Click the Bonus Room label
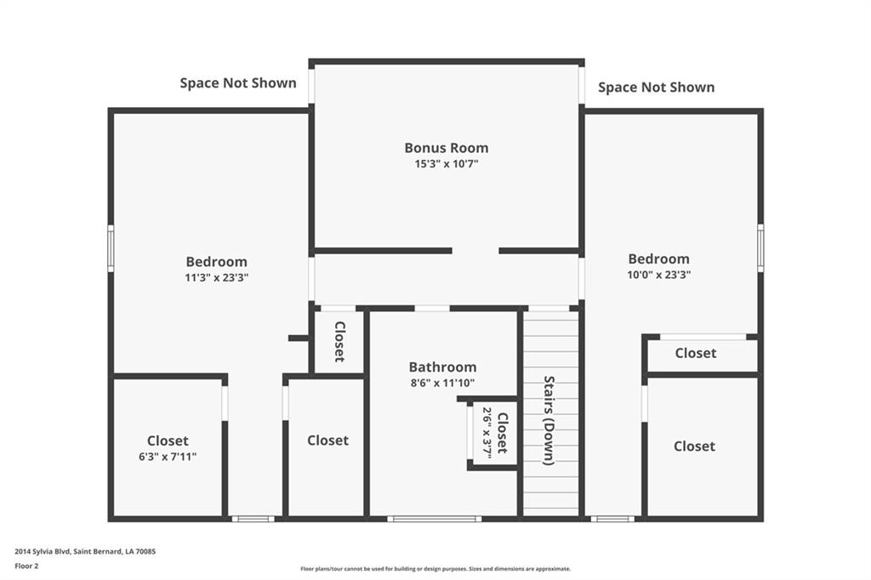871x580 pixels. click(x=447, y=148)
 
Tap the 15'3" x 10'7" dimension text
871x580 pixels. click(x=447, y=164)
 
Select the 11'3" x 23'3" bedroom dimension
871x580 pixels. click(x=217, y=278)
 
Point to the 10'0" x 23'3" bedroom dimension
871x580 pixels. click(x=659, y=275)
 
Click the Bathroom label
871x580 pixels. click(x=442, y=367)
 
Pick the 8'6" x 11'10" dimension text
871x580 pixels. click(x=442, y=383)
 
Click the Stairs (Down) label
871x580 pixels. click(x=549, y=421)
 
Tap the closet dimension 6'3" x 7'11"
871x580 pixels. click(x=168, y=457)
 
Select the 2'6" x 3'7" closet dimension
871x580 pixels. click(x=487, y=433)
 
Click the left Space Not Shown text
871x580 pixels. click(x=238, y=83)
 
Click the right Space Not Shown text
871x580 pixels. click(x=656, y=88)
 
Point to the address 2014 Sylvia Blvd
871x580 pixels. click(x=43, y=552)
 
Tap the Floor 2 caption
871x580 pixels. click(x=26, y=566)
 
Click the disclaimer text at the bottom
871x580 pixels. click(x=435, y=569)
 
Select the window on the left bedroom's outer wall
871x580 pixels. click(x=111, y=248)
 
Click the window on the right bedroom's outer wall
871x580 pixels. click(x=760, y=248)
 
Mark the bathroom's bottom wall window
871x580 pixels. click(x=435, y=519)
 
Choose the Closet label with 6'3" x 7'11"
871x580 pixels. click(x=168, y=441)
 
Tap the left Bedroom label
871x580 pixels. click(x=217, y=262)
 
